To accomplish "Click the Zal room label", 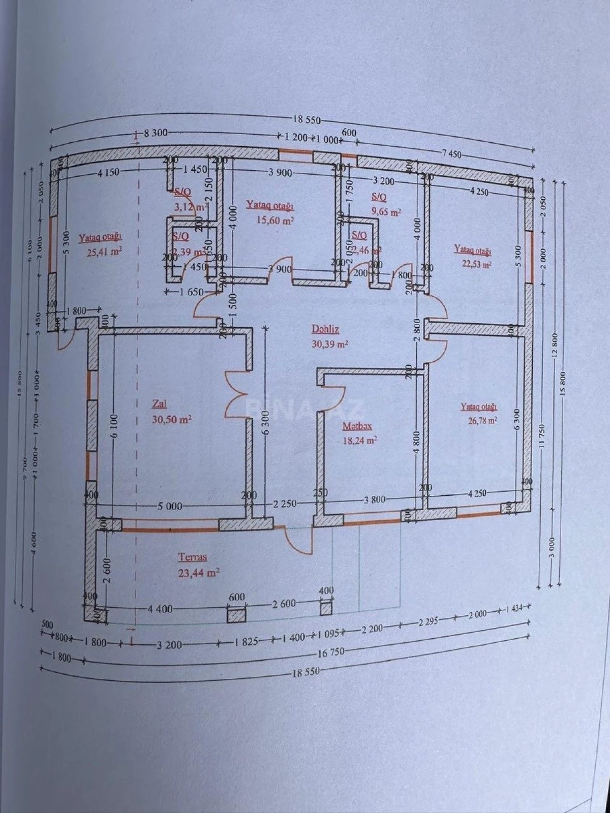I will (x=159, y=404).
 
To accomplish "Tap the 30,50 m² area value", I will (x=171, y=420).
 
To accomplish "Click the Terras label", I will (x=192, y=557).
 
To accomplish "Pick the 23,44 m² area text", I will (x=198, y=573).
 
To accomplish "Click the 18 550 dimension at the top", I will (x=307, y=120).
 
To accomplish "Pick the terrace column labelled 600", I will (x=236, y=615).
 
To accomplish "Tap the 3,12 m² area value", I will (x=185, y=207).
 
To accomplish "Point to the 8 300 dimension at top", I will (x=156, y=134).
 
